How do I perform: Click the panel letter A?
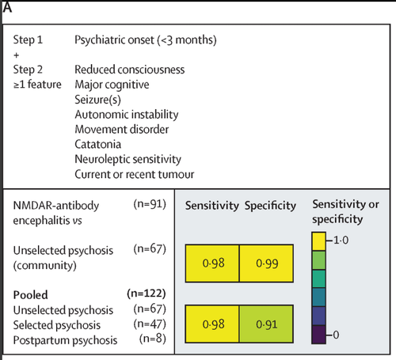pos(7,7)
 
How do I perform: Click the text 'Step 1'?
pos(28,40)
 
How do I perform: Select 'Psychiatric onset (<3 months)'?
pos(146,40)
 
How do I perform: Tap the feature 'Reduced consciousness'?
pos(130,70)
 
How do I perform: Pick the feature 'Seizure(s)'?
pos(97,100)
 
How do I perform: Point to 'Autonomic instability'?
pos(127,115)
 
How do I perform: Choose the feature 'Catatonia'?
pos(98,144)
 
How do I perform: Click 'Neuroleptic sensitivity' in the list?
pos(128,160)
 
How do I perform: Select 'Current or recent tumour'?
pos(135,174)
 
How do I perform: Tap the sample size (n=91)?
pos(150,204)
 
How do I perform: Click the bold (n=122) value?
pos(147,294)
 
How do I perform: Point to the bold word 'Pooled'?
pos(31,295)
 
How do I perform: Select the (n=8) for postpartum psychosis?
pos(153,339)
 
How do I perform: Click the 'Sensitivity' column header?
pos(212,206)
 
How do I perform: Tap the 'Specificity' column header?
pos(270,206)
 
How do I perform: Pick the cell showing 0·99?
pos(266,263)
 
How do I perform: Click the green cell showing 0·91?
pos(266,324)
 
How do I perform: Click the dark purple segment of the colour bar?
pos(318,335)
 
